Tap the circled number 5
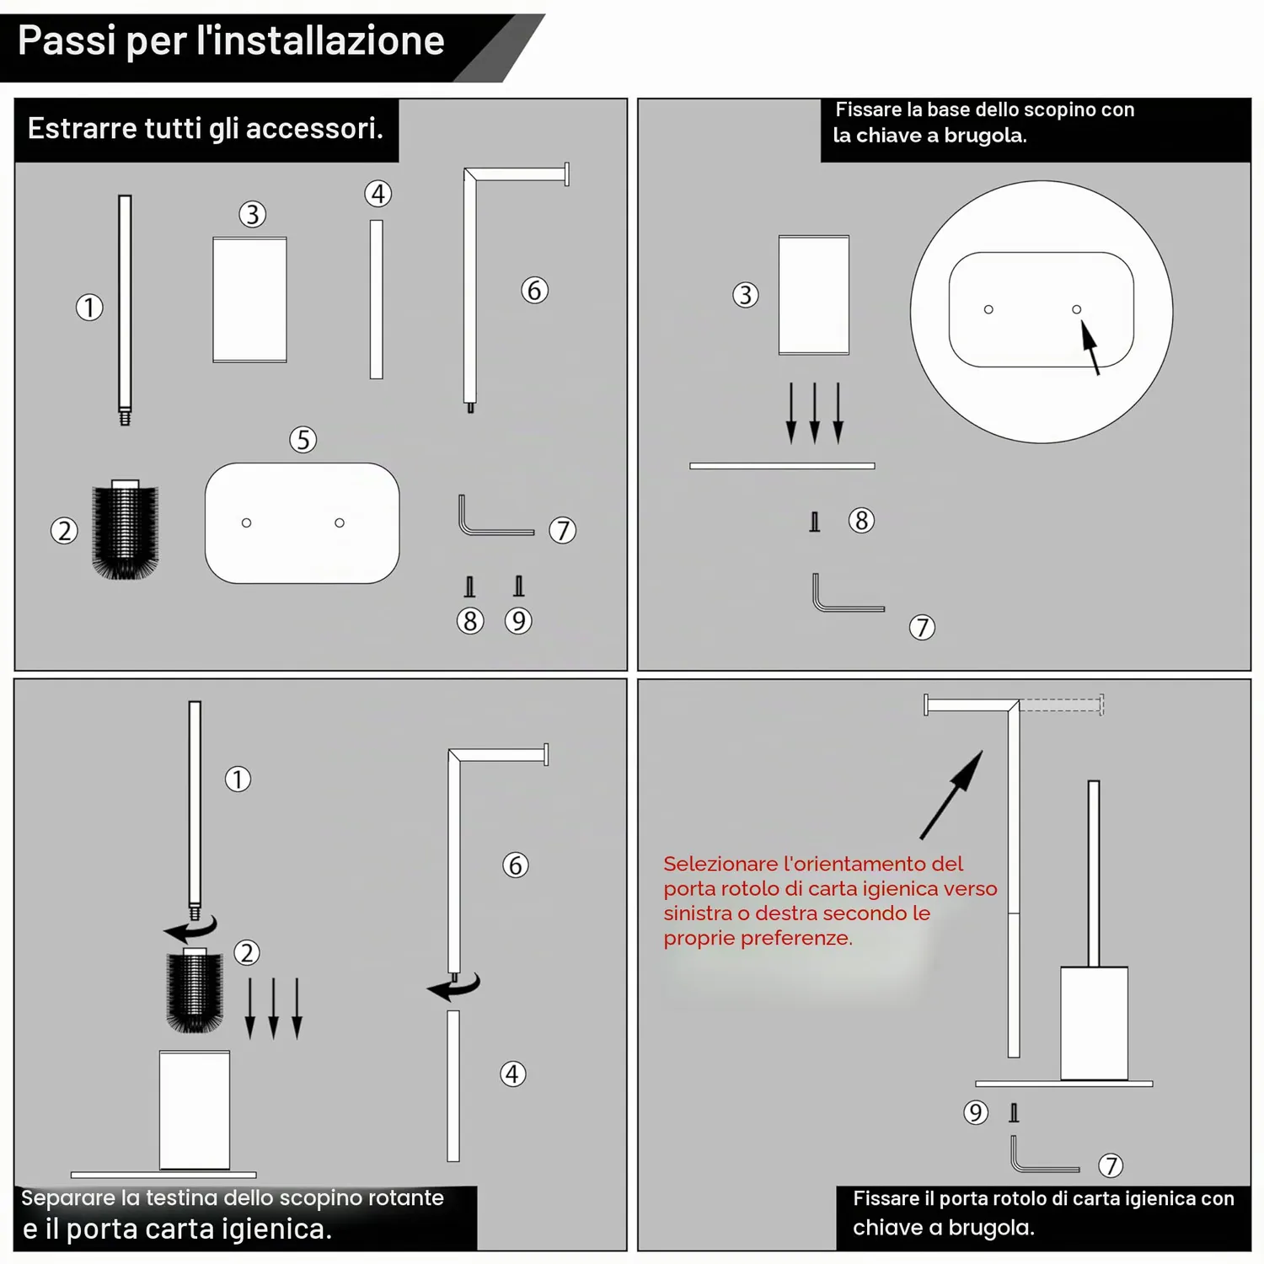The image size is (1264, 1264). tap(303, 439)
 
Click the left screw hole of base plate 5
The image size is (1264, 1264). tap(246, 522)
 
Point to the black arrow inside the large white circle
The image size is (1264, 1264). tap(1090, 346)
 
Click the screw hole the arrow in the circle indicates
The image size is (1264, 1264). tap(1076, 309)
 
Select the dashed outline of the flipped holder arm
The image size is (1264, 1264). tap(1062, 704)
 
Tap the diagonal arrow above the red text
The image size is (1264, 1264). tap(951, 795)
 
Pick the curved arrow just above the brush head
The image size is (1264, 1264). tap(190, 929)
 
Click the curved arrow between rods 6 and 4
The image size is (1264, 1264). tap(453, 986)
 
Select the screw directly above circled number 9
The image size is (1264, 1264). tap(519, 586)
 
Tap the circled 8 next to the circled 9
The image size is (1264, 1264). tap(470, 621)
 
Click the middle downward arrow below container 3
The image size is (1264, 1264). tap(815, 413)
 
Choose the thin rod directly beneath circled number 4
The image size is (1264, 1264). tap(377, 299)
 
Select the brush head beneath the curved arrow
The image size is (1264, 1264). tap(195, 990)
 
